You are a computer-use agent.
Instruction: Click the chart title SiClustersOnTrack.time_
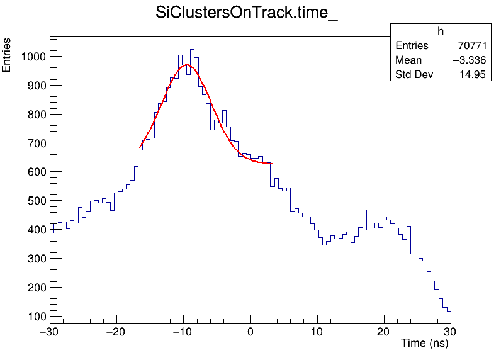[247, 14]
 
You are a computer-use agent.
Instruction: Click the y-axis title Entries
[7, 55]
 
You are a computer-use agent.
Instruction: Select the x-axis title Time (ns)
[424, 344]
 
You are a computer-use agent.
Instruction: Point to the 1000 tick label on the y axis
[33, 57]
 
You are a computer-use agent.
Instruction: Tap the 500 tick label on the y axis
[36, 201]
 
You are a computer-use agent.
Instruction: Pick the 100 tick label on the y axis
[36, 316]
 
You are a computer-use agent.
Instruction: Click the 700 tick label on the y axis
[36, 143]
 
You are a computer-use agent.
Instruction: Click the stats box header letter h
[441, 32]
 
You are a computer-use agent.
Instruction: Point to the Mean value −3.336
[468, 60]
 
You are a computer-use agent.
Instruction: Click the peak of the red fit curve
[186, 65]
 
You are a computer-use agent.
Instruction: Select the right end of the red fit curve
[271, 164]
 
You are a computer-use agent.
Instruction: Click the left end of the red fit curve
[140, 148]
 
